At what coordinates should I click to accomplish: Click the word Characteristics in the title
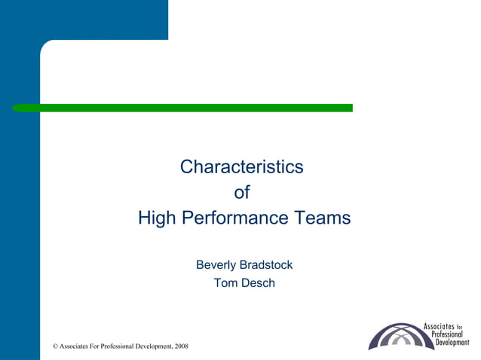pos(241,166)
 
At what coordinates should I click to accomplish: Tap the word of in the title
pos(241,193)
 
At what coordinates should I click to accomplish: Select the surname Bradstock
pos(266,265)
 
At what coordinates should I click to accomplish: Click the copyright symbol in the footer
pos(55,346)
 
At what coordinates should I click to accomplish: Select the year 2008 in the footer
pos(181,346)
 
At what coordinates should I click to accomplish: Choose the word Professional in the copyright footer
pos(118,346)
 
